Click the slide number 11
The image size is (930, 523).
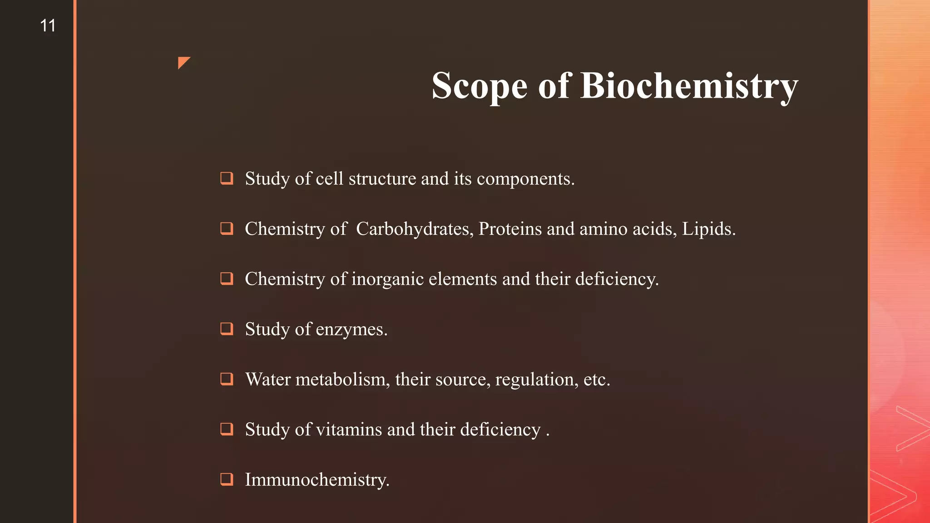click(x=48, y=25)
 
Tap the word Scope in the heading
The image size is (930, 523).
click(x=479, y=86)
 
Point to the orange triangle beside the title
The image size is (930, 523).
click(x=183, y=62)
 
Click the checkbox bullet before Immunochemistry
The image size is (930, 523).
click(x=227, y=479)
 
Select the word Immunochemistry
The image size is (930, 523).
click(x=317, y=480)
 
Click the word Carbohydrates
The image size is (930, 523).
click(x=414, y=229)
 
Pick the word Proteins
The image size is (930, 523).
click(x=510, y=229)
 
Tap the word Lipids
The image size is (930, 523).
click(x=708, y=229)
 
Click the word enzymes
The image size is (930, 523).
click(x=351, y=330)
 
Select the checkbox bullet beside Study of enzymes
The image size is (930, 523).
click(x=227, y=328)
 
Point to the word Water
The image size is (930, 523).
click(x=268, y=379)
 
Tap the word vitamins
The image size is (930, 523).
click(x=349, y=429)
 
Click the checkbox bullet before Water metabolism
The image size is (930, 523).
click(x=227, y=379)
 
